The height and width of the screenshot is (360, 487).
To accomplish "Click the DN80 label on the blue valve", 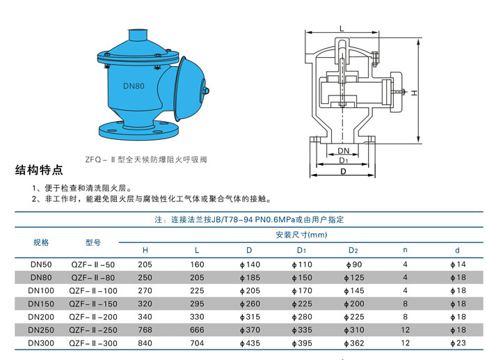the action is (x=134, y=86).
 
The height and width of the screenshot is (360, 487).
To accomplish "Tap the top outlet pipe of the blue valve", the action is (x=138, y=35).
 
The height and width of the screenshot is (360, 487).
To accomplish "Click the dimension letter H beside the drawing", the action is (x=415, y=93).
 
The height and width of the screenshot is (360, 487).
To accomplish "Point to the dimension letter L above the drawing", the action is (x=342, y=29).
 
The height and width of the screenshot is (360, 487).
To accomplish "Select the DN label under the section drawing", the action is (x=344, y=151).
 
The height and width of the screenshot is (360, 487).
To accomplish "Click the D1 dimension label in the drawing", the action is (x=344, y=160).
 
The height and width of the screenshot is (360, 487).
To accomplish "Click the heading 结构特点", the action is (x=39, y=170).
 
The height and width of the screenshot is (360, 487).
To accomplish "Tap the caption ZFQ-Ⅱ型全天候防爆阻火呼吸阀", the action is (x=146, y=159).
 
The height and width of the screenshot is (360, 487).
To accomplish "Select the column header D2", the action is (x=353, y=250).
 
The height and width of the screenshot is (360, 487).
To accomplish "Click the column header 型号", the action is (x=93, y=242).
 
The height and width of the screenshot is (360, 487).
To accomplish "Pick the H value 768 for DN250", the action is (x=145, y=330).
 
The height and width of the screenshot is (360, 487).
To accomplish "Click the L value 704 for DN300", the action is (x=197, y=343).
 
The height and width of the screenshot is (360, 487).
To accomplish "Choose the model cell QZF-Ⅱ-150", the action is (x=93, y=304).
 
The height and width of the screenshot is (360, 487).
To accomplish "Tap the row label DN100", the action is (x=41, y=290).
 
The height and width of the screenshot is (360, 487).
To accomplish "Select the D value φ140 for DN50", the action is (x=250, y=265).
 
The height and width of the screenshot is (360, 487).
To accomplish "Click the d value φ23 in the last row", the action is (x=458, y=343).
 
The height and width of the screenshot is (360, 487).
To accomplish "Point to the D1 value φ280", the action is (x=302, y=317).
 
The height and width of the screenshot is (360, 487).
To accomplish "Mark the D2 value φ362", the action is (x=354, y=343).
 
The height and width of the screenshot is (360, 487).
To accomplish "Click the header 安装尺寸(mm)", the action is (x=301, y=235).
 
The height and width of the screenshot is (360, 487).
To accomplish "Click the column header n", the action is (x=405, y=250).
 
